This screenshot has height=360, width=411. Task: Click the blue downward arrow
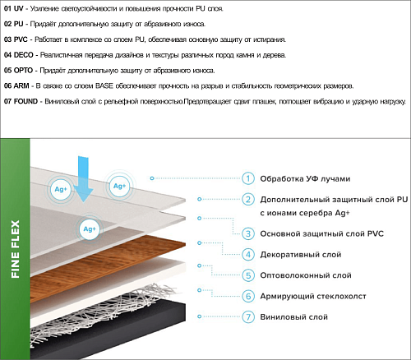[x=83, y=179]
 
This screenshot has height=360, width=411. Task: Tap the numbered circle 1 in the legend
[x=248, y=178]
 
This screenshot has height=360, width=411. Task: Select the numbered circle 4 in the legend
[x=248, y=255]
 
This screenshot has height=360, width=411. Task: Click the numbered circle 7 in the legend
[x=248, y=317]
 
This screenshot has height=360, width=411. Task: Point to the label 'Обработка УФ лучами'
[x=305, y=179]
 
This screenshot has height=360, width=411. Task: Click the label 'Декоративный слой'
[x=301, y=255]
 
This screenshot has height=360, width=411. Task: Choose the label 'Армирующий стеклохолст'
[x=313, y=296]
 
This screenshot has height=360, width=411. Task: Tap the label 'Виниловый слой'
[x=293, y=317]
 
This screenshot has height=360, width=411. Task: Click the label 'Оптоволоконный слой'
[x=306, y=275]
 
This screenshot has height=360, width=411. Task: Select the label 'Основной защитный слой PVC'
[x=321, y=233]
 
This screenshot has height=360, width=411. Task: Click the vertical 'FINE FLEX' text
[x=15, y=249]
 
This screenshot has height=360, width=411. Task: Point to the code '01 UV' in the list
[x=14, y=8]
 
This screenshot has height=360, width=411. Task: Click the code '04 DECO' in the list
[x=19, y=55]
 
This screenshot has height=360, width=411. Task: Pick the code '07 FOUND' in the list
[x=21, y=101]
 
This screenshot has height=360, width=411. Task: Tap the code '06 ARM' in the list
[x=16, y=86]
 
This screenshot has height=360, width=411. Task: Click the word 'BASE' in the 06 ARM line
[x=104, y=86]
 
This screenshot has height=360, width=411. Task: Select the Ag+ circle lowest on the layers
[x=90, y=229]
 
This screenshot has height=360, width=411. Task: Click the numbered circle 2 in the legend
[x=248, y=200]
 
